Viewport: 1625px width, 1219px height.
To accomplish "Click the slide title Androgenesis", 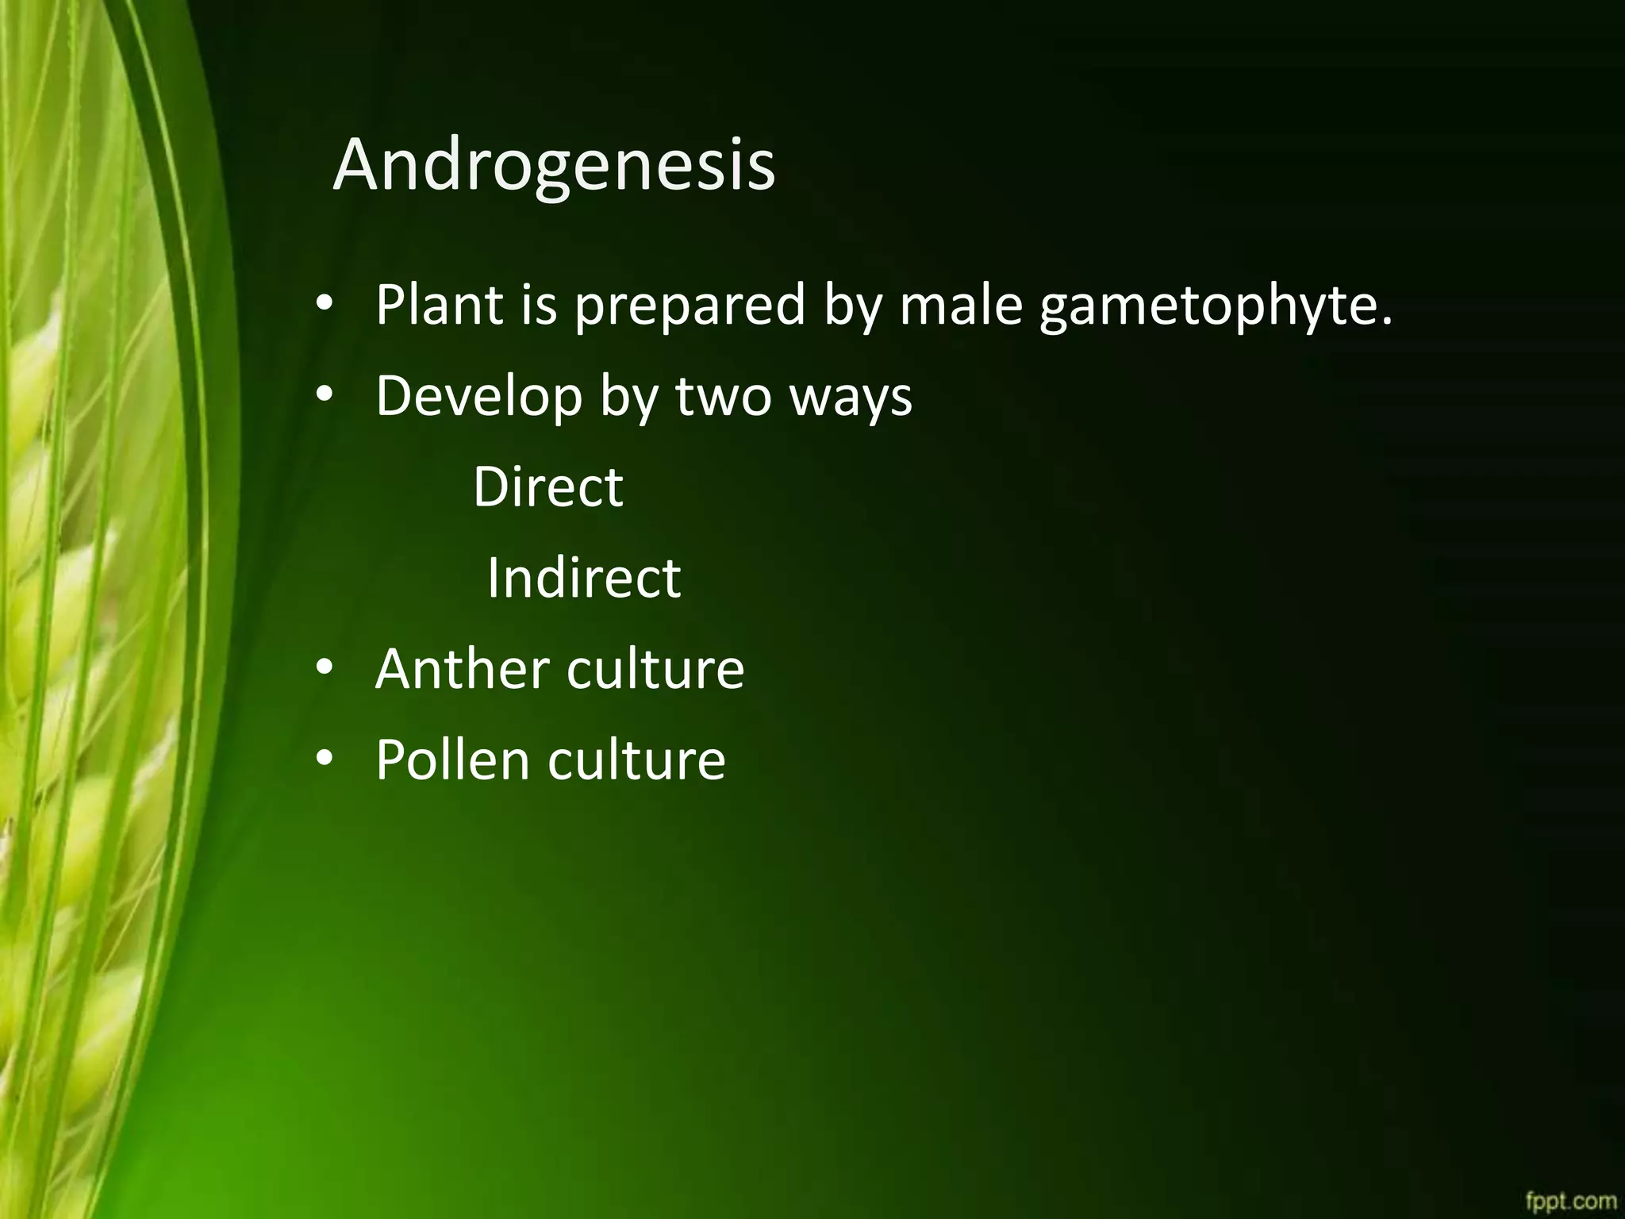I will (554, 165).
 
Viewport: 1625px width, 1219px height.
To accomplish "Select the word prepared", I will (690, 306).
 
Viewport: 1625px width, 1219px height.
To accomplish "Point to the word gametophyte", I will (1216, 306).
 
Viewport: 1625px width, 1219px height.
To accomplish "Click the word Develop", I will (479, 396).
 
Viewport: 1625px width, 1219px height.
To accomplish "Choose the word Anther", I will (462, 668).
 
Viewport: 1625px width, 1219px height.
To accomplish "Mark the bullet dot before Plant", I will (325, 306).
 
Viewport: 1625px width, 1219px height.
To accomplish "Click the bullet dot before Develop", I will (325, 396).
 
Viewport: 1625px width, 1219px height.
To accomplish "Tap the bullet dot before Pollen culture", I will (325, 759).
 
